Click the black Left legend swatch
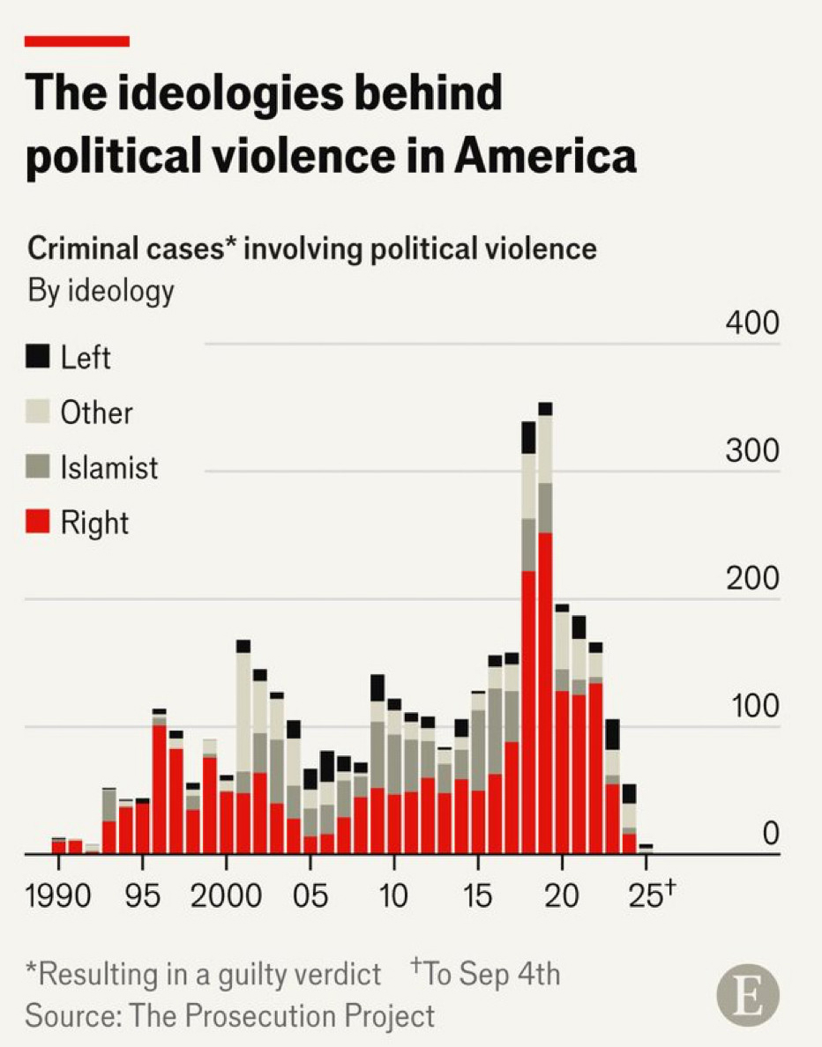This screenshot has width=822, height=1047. [x=38, y=356]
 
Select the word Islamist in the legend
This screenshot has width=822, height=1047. [x=109, y=467]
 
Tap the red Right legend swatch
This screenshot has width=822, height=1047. [x=38, y=522]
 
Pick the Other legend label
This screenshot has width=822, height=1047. [x=96, y=412]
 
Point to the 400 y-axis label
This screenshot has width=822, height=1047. [x=752, y=324]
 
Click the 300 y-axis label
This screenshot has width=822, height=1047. [x=752, y=451]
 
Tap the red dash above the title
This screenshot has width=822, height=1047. [x=77, y=41]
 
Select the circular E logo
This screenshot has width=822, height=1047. [x=748, y=999]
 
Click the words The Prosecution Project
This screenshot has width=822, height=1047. [x=282, y=1015]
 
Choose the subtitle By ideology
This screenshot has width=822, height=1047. [x=101, y=291]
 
